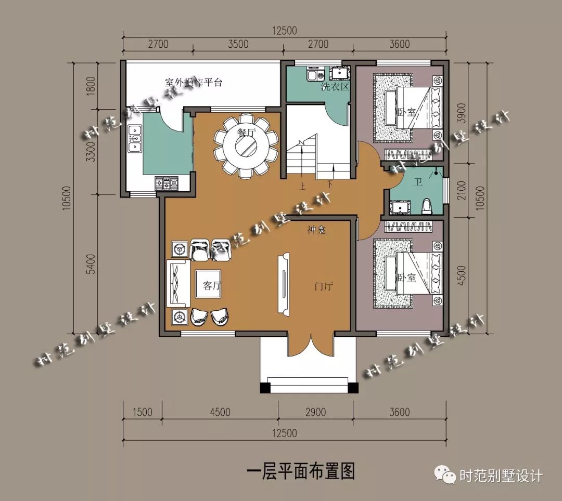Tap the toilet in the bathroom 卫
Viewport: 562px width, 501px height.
click(427, 206)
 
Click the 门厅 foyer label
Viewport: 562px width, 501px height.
click(323, 286)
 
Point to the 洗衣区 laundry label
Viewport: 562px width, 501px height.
click(335, 87)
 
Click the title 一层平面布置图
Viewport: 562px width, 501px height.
click(301, 471)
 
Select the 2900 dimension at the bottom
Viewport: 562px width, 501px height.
click(315, 413)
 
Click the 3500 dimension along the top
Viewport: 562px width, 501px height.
click(238, 44)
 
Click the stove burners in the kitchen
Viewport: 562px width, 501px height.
click(167, 183)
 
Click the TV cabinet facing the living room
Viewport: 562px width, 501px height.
click(284, 284)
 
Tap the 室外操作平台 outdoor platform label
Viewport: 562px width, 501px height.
click(194, 82)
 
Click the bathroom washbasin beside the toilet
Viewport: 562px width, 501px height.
click(400, 207)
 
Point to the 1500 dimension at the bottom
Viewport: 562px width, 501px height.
click(142, 413)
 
